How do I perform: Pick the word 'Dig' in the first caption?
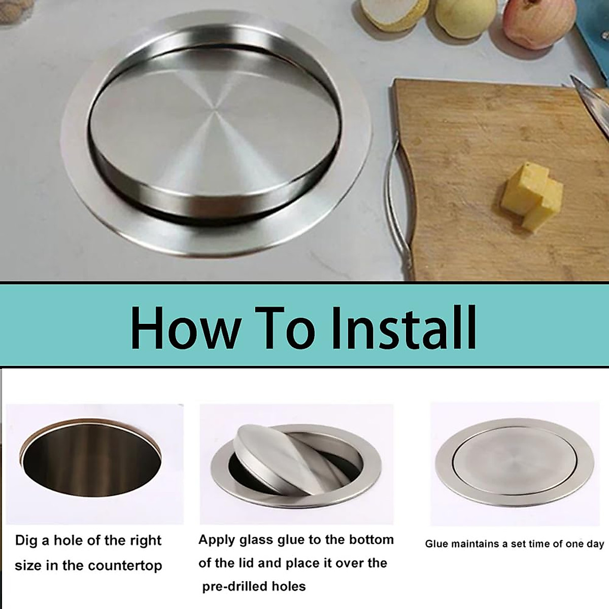(26, 540)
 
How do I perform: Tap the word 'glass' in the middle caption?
(253, 540)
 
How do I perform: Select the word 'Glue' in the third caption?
(436, 544)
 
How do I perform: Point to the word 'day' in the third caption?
(595, 544)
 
